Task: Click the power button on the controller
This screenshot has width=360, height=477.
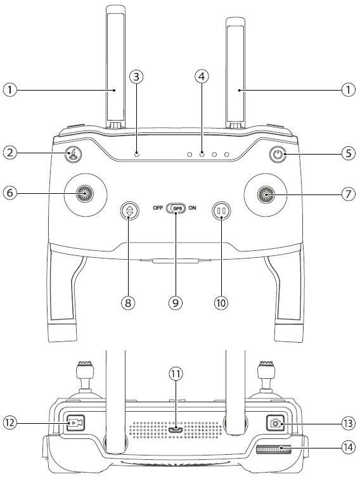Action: [277, 154]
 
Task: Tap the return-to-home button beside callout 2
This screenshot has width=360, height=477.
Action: [73, 153]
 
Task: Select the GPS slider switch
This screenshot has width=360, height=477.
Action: [176, 208]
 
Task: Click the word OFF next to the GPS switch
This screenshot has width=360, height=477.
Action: [158, 208]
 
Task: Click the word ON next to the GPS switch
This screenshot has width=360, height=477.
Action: [192, 208]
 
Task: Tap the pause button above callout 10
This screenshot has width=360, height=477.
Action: [222, 210]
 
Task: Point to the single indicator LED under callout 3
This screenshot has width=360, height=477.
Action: [137, 154]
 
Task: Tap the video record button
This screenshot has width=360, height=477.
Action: [75, 423]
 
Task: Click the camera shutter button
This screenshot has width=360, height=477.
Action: [276, 423]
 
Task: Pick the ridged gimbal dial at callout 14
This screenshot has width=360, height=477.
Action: [274, 449]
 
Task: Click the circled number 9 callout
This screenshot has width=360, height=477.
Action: [176, 302]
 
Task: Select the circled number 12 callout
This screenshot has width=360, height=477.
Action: [10, 423]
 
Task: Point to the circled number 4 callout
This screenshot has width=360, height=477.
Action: [202, 77]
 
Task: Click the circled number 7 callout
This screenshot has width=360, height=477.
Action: [349, 194]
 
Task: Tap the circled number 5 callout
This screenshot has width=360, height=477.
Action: [349, 153]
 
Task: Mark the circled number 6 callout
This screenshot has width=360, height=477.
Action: [10, 193]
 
